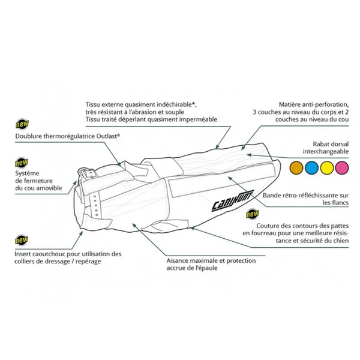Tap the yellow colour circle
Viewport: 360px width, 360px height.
[x=328, y=167]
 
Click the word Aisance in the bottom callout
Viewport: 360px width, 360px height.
[x=179, y=261]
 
